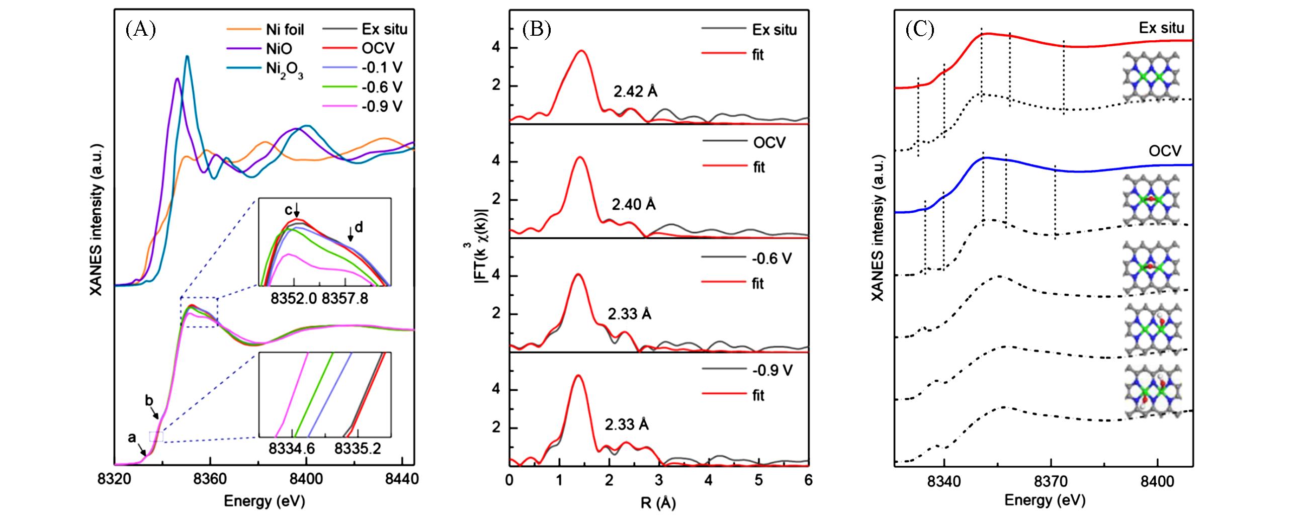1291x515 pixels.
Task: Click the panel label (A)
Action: pyautogui.click(x=140, y=30)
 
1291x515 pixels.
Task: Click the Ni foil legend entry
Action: pyautogui.click(x=285, y=30)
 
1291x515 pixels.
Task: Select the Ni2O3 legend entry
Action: pyautogui.click(x=285, y=70)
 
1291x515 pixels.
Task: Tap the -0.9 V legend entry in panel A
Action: pyautogui.click(x=382, y=107)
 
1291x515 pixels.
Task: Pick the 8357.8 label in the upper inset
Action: pyautogui.click(x=345, y=299)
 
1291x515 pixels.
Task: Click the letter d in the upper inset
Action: pyautogui.click(x=359, y=228)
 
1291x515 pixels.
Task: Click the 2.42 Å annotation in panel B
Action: pyautogui.click(x=635, y=92)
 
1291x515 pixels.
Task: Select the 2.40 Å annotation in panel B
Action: pyautogui.click(x=634, y=205)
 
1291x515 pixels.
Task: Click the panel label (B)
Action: pyautogui.click(x=537, y=30)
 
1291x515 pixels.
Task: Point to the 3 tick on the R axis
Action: pyautogui.click(x=659, y=480)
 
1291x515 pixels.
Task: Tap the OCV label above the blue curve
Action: pyautogui.click(x=1165, y=150)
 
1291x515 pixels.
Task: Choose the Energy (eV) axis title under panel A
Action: pyautogui.click(x=264, y=501)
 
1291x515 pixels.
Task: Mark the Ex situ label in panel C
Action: pyautogui.click(x=1161, y=28)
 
